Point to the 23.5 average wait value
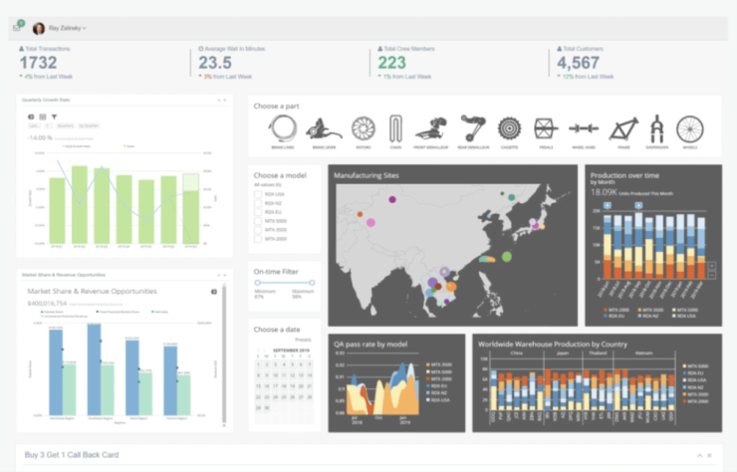215,62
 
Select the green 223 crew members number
392,62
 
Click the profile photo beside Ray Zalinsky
39,28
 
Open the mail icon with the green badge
17,28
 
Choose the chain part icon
395,127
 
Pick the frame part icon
623,127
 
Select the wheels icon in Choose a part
689,128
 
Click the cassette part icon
510,127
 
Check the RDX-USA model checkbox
258,194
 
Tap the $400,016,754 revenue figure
47,302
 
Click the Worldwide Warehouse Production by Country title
552,344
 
